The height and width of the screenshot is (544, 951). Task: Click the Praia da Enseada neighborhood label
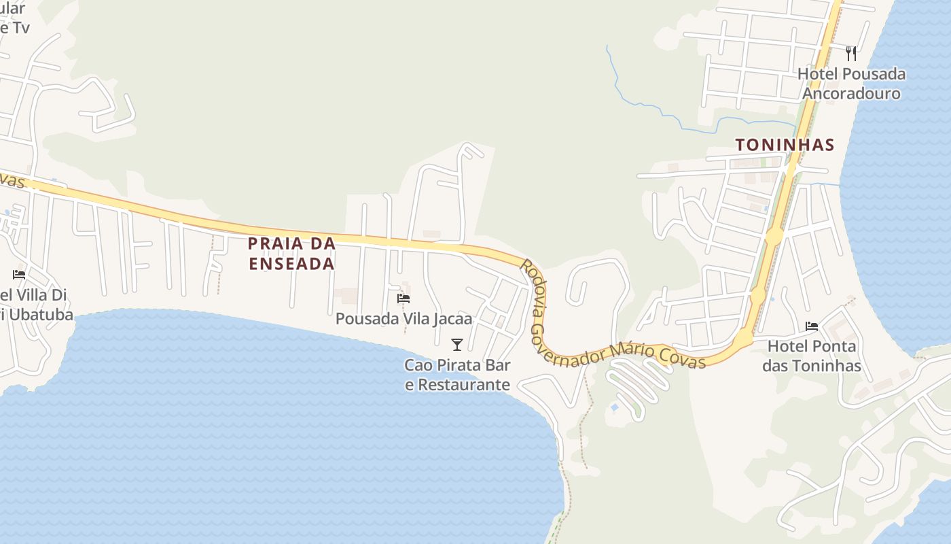coord(291,253)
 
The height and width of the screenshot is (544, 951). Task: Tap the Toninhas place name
coord(785,145)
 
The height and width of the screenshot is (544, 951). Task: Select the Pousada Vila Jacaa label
coord(403,318)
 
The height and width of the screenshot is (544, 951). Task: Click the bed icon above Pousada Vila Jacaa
coord(403,299)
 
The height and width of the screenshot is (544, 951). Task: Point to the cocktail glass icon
coord(457,344)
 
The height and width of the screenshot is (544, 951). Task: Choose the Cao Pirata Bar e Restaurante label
coord(457,375)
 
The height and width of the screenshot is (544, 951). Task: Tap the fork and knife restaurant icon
coord(851,53)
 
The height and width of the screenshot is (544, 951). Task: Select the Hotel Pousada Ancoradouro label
coord(851,83)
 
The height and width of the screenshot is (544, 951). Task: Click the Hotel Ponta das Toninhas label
coord(812,356)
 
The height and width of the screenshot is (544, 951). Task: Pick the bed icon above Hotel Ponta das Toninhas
coord(812,326)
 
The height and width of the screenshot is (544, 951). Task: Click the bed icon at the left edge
coord(19,275)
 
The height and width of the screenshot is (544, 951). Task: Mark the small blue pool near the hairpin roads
coord(615,407)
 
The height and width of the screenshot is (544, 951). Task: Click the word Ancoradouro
coord(851,93)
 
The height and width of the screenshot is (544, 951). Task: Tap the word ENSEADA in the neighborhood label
coord(291,263)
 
